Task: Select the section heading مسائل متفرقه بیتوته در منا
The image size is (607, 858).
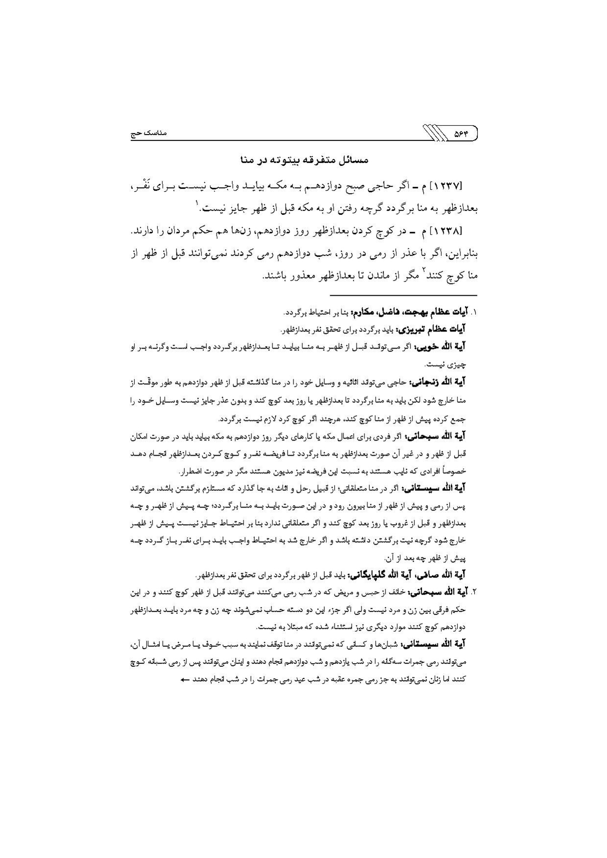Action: (x=304, y=160)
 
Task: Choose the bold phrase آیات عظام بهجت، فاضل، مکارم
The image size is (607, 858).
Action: (x=416, y=312)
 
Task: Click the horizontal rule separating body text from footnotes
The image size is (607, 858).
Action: (x=403, y=296)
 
